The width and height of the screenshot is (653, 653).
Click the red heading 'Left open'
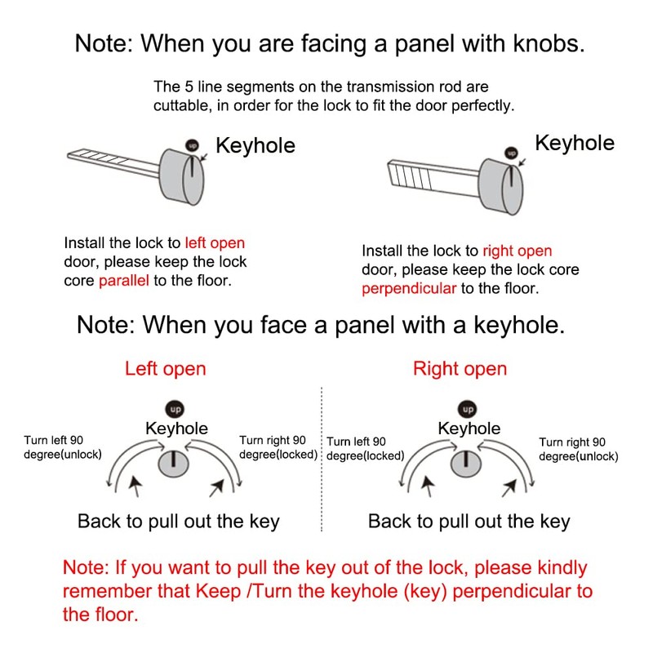[165, 369]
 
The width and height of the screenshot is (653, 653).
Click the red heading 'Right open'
[460, 369]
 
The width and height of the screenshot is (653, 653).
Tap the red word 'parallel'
[123, 281]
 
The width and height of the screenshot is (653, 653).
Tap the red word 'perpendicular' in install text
[408, 288]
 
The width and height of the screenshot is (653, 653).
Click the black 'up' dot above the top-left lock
[193, 144]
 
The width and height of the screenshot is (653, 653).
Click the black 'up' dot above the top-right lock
[512, 152]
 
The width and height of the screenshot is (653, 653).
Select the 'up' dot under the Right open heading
[468, 408]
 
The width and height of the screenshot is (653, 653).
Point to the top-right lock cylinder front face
[511, 184]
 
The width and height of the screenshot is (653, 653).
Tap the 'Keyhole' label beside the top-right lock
[574, 143]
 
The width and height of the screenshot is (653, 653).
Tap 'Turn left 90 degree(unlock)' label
[64, 447]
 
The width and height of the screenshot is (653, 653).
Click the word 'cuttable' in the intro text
[178, 106]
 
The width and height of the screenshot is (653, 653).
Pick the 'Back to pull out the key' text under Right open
[469, 521]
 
